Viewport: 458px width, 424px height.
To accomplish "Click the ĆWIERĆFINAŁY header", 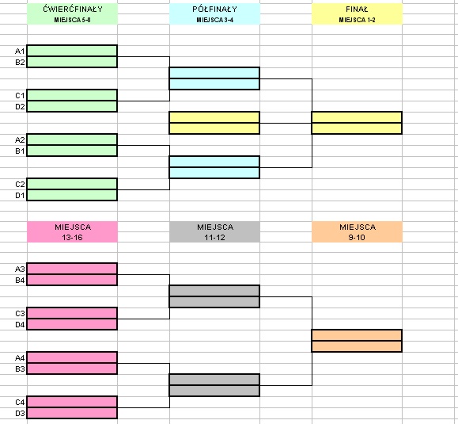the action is click(x=73, y=14).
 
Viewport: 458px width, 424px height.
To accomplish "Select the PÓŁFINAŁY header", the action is click(x=214, y=14).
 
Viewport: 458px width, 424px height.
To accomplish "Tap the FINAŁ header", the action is click(x=357, y=14).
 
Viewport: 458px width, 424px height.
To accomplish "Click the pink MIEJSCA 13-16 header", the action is click(x=73, y=232).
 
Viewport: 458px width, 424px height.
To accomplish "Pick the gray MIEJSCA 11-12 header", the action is click(x=214, y=232).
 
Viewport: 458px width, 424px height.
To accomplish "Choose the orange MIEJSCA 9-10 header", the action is click(x=357, y=232).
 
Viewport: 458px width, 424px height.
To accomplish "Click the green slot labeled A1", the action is click(x=72, y=51).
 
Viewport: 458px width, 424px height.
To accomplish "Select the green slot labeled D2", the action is click(x=72, y=106).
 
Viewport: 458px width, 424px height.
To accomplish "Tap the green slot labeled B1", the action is click(x=72, y=151).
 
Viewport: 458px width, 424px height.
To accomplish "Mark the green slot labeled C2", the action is click(x=72, y=184).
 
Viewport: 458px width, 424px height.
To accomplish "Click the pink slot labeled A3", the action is click(x=72, y=269).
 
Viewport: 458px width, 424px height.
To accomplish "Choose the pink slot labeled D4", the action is click(x=72, y=324).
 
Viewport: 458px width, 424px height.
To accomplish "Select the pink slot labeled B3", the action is click(x=72, y=369).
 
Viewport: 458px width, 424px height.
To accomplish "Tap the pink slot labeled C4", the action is click(x=72, y=402).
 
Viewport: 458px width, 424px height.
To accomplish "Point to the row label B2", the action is click(x=20, y=62).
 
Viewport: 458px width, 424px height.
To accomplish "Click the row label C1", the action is click(x=20, y=95).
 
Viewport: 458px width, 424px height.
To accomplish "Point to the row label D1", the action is click(x=20, y=195).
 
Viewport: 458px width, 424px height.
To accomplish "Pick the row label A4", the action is click(x=20, y=357).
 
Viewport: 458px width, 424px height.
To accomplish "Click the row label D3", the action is click(x=20, y=413).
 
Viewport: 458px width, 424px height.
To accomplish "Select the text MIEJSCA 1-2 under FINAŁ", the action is click(x=357, y=20).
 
